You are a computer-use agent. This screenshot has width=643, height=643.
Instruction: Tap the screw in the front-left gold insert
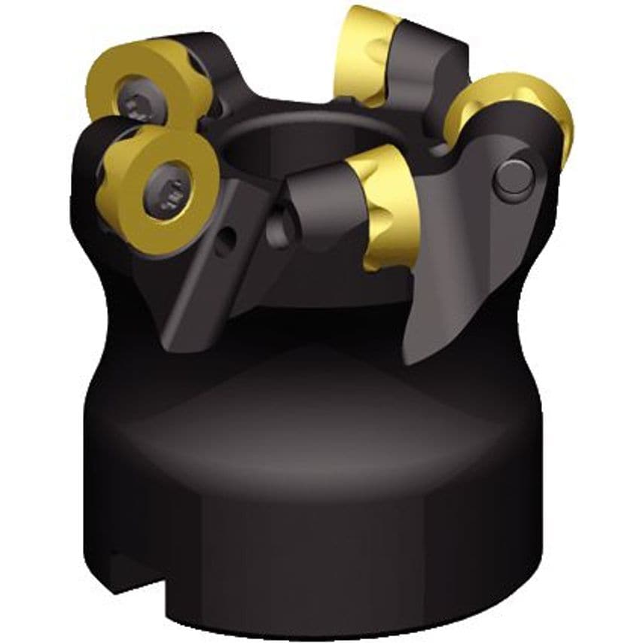[167, 194]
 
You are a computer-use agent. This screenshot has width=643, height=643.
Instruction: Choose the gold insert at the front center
[388, 203]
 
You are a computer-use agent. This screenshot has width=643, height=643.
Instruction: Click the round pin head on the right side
[515, 179]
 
